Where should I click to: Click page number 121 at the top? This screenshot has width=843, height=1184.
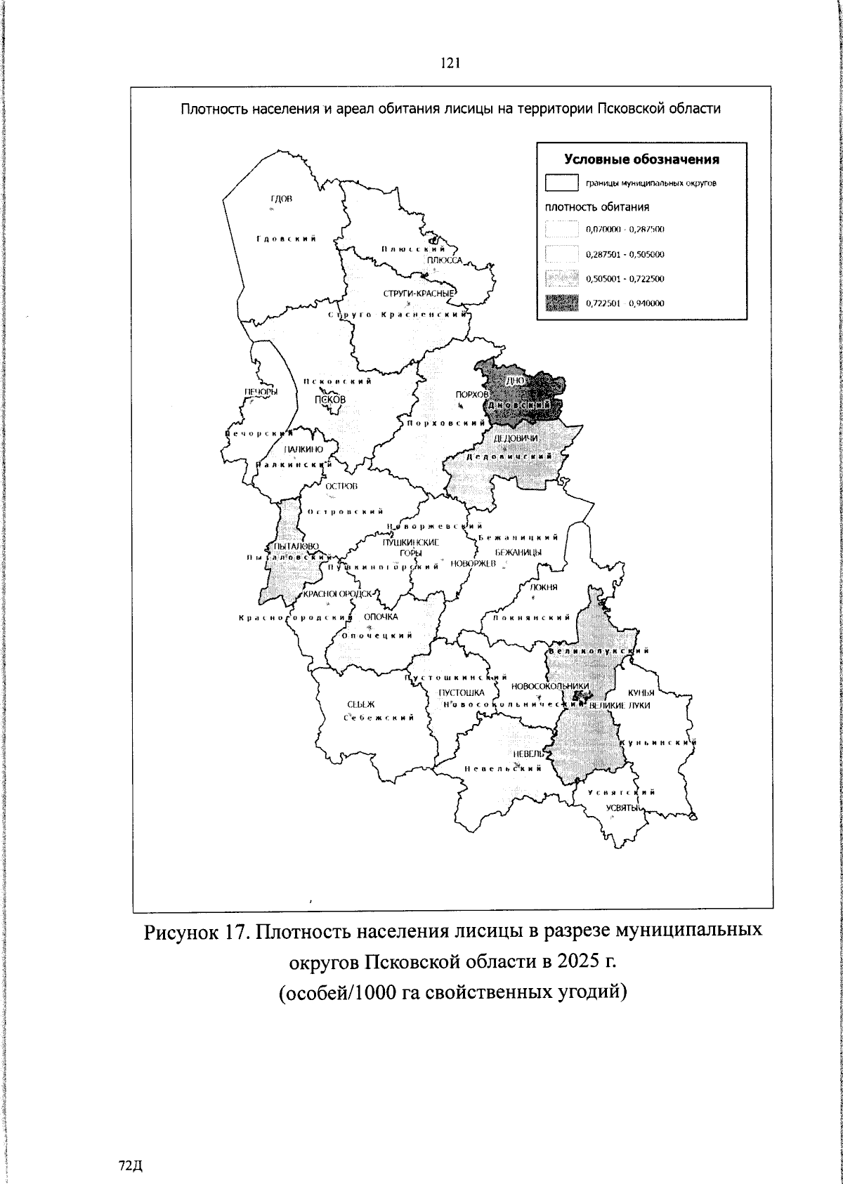[450, 63]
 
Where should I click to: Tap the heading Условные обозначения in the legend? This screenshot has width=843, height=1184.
[642, 159]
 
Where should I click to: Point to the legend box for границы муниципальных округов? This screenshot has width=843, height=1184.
[561, 183]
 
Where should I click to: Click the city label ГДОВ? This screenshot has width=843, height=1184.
[281, 199]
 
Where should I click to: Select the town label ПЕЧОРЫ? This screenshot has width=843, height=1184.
[261, 392]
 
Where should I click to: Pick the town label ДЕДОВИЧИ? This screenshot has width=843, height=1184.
[516, 438]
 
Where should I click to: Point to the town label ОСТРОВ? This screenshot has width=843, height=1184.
[342, 486]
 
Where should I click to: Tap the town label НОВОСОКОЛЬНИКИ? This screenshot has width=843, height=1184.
[550, 686]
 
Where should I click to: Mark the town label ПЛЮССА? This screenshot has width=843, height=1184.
[444, 260]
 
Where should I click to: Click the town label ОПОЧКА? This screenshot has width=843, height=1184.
[381, 617]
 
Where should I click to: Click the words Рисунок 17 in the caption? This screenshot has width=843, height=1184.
[192, 932]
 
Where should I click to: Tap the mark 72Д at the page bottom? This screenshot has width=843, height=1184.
[131, 1166]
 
